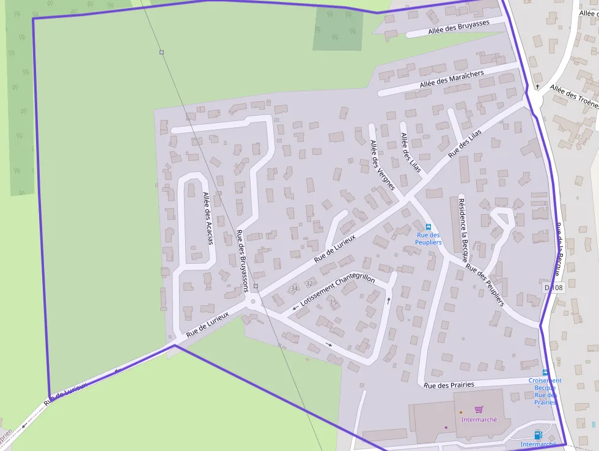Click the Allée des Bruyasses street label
pos(458,27)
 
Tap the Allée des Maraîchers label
pos(452,80)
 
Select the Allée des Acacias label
pos(208,218)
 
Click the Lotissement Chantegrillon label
pos(337,291)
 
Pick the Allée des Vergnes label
pos(383,165)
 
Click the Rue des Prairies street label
pos(449,385)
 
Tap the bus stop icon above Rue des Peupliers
pos(428,227)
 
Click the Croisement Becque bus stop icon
pos(545,372)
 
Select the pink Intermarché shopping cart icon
pos(479,409)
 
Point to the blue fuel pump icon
pos(538,435)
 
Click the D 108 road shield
pos(553,288)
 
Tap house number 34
pos(294,288)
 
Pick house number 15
pos(333,302)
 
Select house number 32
pos(309,284)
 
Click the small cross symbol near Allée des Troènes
pos(537,88)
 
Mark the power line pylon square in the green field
pos(161,53)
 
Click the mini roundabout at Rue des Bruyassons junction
pos(252,301)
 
